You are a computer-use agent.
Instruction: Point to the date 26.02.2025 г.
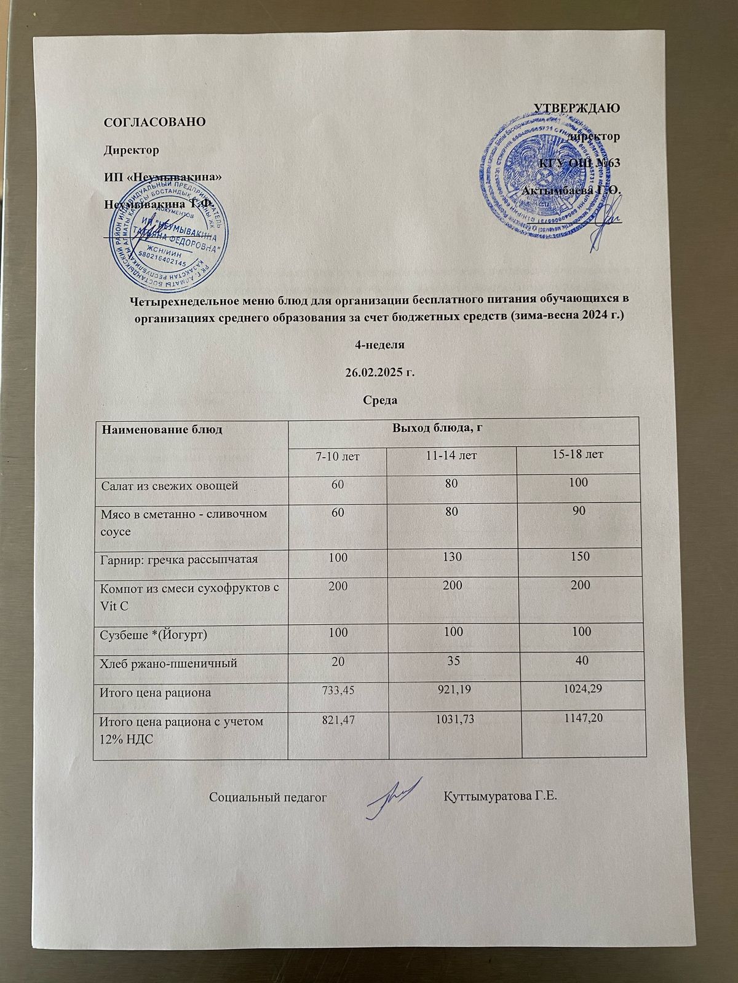click(368, 372)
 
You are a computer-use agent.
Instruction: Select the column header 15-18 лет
click(581, 455)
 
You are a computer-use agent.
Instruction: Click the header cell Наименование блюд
click(162, 429)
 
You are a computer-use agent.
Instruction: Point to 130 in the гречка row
click(452, 557)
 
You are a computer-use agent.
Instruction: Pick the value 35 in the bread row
click(453, 662)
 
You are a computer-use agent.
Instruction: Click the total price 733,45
click(338, 691)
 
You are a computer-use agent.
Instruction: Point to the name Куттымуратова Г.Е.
click(499, 797)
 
